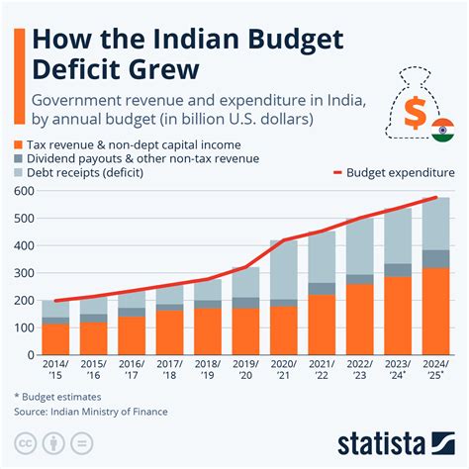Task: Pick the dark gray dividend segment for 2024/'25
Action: click(436, 258)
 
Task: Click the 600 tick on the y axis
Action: click(23, 191)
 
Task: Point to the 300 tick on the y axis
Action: click(23, 273)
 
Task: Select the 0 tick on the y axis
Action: click(30, 355)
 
